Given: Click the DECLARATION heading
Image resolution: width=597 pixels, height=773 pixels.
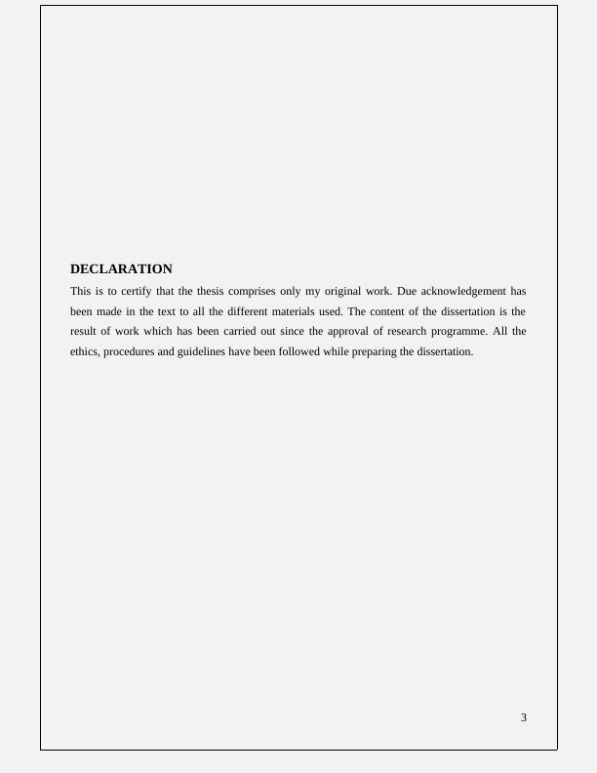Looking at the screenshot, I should [121, 269].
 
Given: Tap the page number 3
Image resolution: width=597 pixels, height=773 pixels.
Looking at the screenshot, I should [524, 717].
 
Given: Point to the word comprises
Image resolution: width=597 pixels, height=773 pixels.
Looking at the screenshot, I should [252, 291].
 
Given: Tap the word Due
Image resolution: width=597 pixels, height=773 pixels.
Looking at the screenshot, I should [407, 291].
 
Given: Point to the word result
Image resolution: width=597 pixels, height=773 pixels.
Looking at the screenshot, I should [84, 332].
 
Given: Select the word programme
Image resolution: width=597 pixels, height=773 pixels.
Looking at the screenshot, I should [467, 332].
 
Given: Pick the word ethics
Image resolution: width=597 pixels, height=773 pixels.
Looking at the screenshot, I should [84, 352].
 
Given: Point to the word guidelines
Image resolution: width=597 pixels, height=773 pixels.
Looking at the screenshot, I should [200, 352].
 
